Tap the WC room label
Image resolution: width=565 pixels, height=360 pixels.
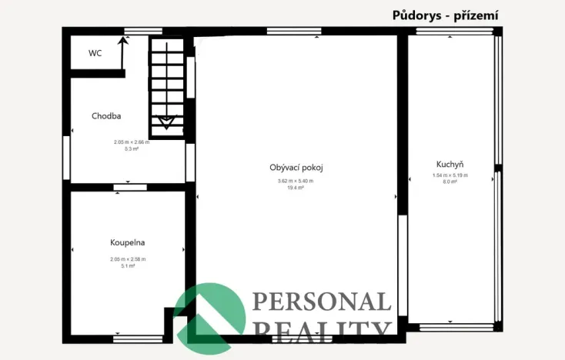pyautogui.click(x=95, y=53)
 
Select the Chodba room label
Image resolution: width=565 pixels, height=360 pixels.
pyautogui.click(x=106, y=116)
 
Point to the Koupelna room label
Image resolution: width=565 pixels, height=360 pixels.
pyautogui.click(x=128, y=242)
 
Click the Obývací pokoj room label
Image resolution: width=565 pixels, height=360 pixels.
pyautogui.click(x=296, y=167)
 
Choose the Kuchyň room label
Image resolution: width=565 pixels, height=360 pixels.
pyautogui.click(x=450, y=164)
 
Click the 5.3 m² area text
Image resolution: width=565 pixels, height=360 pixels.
pyautogui.click(x=131, y=149)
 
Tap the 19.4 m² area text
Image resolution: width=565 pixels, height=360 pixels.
pyautogui.click(x=296, y=188)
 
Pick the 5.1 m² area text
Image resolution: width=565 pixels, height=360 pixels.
pyautogui.click(x=128, y=266)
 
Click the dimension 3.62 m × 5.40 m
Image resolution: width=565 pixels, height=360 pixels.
pyautogui.click(x=296, y=181)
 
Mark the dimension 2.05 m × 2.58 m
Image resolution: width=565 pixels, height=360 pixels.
pyautogui.click(x=128, y=259)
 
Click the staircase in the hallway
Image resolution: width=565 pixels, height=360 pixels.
pyautogui.click(x=167, y=85)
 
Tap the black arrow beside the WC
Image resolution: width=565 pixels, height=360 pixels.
pyautogui.click(x=122, y=51)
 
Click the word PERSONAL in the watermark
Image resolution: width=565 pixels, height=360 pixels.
pyautogui.click(x=321, y=302)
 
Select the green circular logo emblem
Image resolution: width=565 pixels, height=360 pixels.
pyautogui.click(x=207, y=313)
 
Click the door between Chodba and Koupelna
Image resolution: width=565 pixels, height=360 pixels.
pyautogui.click(x=129, y=187)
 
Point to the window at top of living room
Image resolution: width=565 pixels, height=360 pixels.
pyautogui.click(x=293, y=31)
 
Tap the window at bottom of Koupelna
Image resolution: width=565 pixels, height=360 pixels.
pyautogui.click(x=138, y=338)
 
